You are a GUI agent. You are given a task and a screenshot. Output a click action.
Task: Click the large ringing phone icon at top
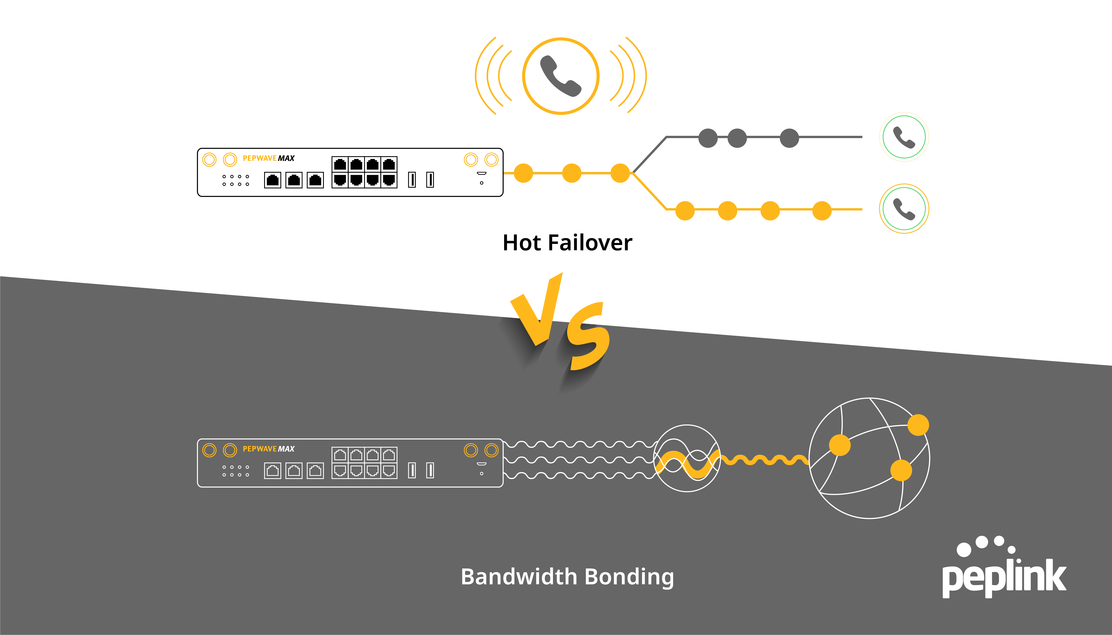pos(561,76)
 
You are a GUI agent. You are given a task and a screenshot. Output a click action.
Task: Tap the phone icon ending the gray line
pos(904,137)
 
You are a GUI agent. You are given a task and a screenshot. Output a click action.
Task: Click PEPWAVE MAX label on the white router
pos(268,158)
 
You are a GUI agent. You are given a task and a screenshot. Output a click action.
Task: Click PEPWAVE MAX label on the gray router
pos(268,449)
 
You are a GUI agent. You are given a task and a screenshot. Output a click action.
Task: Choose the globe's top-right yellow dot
pos(918,425)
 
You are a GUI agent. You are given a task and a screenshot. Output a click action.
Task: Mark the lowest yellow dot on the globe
pos(901,470)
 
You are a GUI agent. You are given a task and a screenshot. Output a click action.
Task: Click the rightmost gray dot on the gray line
pos(789,138)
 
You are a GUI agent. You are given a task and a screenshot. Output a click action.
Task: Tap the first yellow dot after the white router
pos(523,173)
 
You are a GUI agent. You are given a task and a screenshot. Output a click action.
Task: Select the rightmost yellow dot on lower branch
pos(822,211)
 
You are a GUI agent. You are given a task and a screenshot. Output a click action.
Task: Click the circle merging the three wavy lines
pos(687,458)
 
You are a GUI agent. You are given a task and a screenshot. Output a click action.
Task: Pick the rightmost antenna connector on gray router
pos(491,450)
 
